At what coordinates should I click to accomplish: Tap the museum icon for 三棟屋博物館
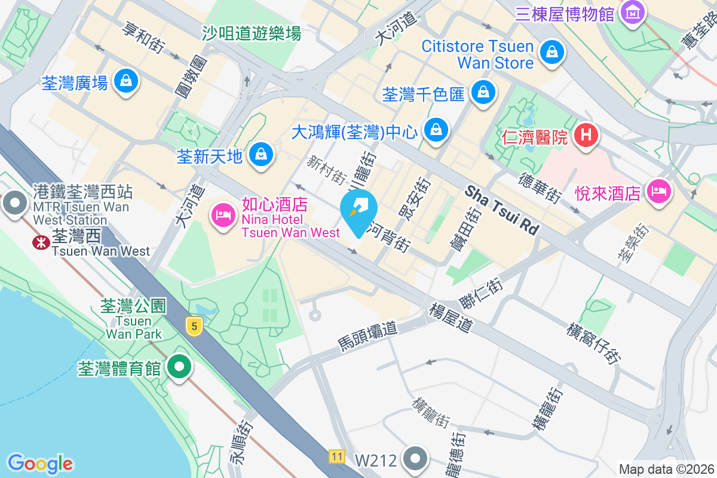632,11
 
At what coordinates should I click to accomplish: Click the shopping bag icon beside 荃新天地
261,155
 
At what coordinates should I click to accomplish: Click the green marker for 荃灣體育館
179,366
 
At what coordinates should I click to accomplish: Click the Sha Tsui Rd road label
502,209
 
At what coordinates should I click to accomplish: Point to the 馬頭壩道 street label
367,336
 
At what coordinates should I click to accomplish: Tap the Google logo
40,464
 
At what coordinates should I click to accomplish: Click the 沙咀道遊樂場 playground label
251,33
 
